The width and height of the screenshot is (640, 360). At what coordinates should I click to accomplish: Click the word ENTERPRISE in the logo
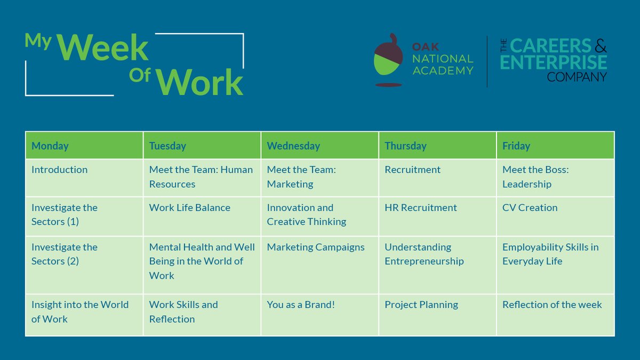[x=553, y=62]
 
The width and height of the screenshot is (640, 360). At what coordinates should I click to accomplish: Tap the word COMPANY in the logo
[x=577, y=77]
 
